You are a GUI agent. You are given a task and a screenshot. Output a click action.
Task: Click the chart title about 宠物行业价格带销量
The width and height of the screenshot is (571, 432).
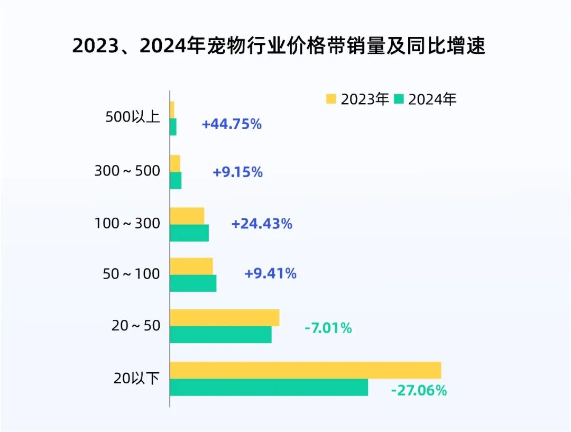click(279, 47)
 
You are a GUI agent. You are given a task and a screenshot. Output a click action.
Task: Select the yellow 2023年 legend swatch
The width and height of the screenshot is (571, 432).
click(332, 99)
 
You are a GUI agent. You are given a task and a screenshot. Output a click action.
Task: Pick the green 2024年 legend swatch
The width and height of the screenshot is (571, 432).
click(400, 99)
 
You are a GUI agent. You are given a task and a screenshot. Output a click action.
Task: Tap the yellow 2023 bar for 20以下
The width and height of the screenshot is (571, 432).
click(305, 370)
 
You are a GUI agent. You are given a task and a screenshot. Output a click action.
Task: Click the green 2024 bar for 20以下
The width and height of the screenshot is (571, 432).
click(269, 387)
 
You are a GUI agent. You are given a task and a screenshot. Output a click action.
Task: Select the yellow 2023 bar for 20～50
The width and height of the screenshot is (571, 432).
click(224, 317)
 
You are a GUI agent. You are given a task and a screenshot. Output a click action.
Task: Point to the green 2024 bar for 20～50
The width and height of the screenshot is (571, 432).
click(220, 334)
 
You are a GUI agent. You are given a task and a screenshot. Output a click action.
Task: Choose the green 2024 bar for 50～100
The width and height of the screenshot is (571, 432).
click(193, 283)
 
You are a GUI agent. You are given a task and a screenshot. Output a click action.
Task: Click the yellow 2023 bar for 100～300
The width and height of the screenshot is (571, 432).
click(187, 216)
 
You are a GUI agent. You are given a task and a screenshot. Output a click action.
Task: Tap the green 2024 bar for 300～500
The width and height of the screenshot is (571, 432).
click(176, 180)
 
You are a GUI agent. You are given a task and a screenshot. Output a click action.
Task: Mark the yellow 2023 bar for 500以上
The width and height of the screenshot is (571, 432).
click(172, 109)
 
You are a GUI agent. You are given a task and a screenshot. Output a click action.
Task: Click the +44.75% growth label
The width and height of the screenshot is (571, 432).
click(232, 124)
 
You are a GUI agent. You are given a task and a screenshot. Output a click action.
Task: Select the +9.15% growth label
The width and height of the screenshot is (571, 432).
click(237, 172)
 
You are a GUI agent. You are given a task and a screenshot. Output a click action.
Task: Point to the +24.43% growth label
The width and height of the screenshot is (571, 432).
click(261, 224)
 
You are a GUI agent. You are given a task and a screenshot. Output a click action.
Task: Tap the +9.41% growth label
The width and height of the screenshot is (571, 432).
click(270, 274)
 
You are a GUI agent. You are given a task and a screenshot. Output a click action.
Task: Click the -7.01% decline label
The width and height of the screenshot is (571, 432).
click(328, 328)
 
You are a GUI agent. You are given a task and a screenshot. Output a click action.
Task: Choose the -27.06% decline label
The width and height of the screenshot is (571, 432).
click(419, 391)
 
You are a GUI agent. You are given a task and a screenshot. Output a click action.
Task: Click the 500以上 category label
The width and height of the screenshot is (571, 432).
click(133, 117)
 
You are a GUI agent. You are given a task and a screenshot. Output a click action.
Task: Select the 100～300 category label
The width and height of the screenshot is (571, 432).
click(127, 224)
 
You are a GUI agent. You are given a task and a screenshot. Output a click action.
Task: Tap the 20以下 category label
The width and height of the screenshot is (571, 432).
click(136, 378)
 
